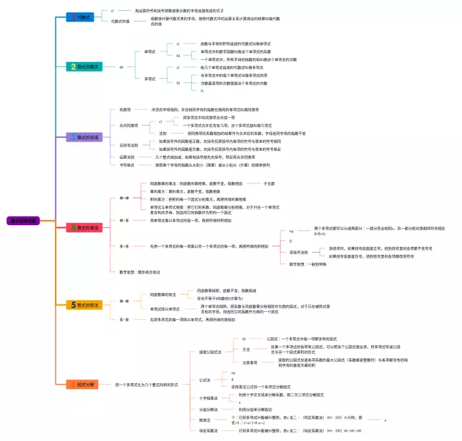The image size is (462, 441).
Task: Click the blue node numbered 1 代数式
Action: tap(79, 17)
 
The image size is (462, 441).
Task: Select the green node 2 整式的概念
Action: tap(84, 66)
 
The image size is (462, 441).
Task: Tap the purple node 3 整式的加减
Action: tap(85, 137)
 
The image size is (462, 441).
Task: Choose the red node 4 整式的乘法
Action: tap(85, 227)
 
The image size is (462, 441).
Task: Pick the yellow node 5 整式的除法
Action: tap(85, 305)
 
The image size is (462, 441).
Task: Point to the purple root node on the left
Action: tap(22, 220)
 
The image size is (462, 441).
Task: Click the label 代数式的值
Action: tap(121, 22)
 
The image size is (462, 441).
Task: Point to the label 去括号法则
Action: tap(128, 145)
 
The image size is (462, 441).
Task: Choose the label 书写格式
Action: tap(126, 165)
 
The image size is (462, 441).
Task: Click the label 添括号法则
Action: tap(298, 253)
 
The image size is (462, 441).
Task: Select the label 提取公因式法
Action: tap(210, 352)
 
